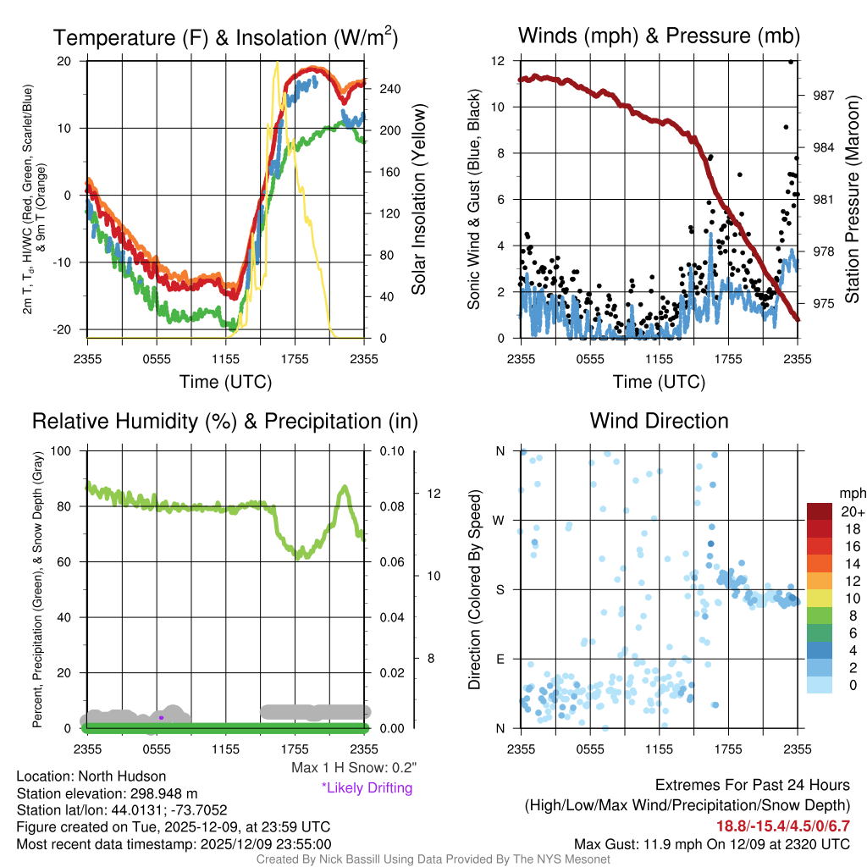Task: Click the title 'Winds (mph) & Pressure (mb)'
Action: click(x=659, y=36)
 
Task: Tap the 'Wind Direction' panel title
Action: click(x=659, y=421)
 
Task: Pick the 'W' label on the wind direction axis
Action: click(x=500, y=520)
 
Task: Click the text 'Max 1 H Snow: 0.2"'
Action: click(x=353, y=768)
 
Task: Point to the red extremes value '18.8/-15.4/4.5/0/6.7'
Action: click(x=781, y=826)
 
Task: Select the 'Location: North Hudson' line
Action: click(x=91, y=776)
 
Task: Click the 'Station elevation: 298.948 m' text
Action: click(x=107, y=792)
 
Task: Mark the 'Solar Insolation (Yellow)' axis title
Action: click(x=418, y=200)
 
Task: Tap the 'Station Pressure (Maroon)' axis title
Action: click(x=852, y=200)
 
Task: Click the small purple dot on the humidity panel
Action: click(x=161, y=717)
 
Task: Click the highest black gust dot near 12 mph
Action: click(x=791, y=61)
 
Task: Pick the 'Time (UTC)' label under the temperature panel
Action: click(x=225, y=382)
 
